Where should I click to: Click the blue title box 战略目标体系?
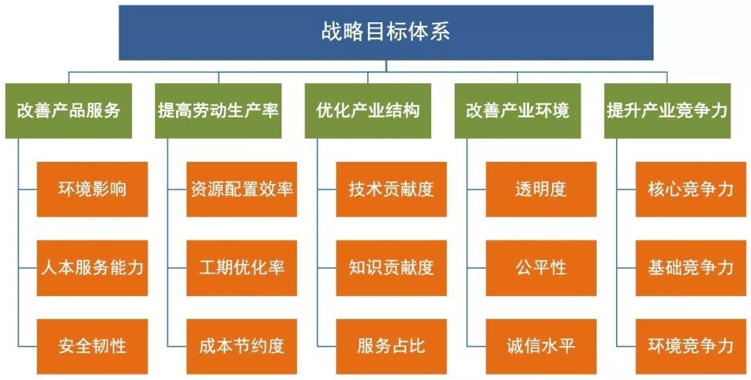tap(386, 33)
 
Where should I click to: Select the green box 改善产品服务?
tap(68, 111)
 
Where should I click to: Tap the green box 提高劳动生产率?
tap(218, 111)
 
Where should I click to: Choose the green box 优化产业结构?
tap(368, 111)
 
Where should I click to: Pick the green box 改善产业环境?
tap(518, 111)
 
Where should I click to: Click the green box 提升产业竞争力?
tap(668, 111)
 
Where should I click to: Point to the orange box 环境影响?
tap(92, 190)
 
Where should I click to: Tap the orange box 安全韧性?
tap(92, 347)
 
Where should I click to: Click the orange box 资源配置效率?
tap(242, 190)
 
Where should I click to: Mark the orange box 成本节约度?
tap(242, 347)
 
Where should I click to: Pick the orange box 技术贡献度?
tap(391, 190)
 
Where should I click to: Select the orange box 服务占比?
tap(391, 347)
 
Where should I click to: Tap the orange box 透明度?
tap(541, 190)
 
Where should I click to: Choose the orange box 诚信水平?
tap(541, 347)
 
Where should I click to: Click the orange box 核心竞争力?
tap(691, 190)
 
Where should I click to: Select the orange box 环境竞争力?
tap(691, 347)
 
